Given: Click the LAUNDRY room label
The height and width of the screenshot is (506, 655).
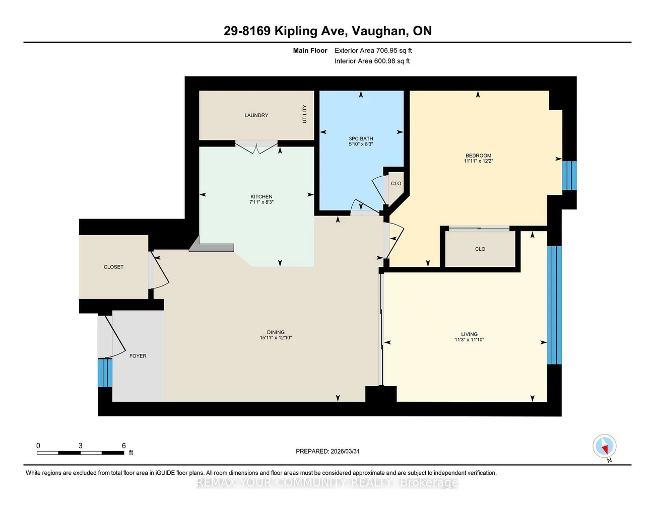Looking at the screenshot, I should [256, 115].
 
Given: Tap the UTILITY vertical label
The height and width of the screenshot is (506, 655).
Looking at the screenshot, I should [304, 114].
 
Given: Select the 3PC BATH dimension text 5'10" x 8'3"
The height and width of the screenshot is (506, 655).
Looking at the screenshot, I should [361, 144].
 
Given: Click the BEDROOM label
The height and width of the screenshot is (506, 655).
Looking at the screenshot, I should [478, 156].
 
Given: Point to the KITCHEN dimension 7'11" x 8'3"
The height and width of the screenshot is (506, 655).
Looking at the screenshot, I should [261, 202].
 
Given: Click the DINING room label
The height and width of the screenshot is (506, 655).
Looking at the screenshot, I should [276, 332].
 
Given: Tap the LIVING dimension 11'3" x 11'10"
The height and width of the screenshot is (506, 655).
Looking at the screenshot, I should [469, 340].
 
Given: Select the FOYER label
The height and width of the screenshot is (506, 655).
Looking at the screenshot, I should [138, 356].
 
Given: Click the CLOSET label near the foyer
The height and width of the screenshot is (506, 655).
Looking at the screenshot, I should [113, 267].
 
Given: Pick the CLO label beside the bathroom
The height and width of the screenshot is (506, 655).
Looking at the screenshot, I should [396, 183].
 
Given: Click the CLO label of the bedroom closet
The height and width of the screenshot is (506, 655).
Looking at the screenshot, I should [480, 249].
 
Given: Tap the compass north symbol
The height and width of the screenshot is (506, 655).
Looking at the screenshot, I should [604, 446].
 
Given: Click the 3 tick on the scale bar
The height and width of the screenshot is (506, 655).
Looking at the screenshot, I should [81, 446].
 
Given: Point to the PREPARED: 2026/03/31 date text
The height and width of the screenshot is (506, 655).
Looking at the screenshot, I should [327, 451].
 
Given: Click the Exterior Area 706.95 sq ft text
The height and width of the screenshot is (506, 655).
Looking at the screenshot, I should [373, 50].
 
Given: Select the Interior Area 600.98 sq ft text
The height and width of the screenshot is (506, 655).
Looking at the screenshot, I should [372, 61].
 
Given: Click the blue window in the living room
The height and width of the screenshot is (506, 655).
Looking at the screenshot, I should [554, 305].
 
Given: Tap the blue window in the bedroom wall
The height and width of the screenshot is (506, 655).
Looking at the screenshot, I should [569, 175].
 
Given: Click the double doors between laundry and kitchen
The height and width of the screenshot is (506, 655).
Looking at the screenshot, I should [256, 147].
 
